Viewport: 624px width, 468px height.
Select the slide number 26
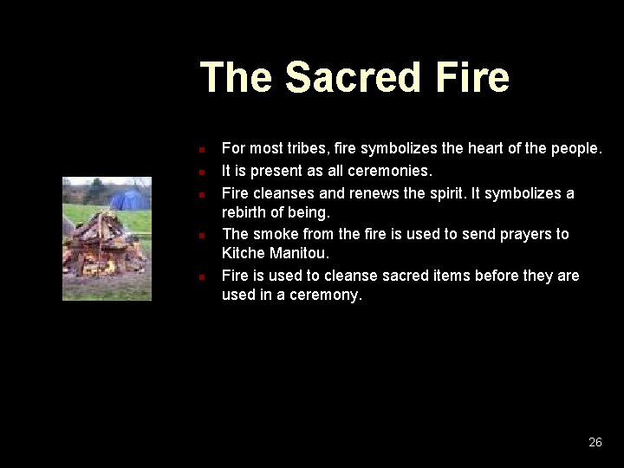(595, 442)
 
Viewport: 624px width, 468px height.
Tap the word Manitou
(301, 254)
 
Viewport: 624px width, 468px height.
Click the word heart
(487, 148)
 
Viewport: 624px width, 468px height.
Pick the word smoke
(276, 234)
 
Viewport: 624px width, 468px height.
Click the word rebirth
(248, 212)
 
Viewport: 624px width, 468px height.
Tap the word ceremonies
(387, 171)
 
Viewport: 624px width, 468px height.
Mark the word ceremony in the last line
(325, 296)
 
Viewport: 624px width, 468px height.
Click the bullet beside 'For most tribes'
(199, 149)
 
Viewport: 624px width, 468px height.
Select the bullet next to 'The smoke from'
(199, 235)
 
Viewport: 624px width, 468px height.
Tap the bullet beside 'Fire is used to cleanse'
(199, 276)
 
